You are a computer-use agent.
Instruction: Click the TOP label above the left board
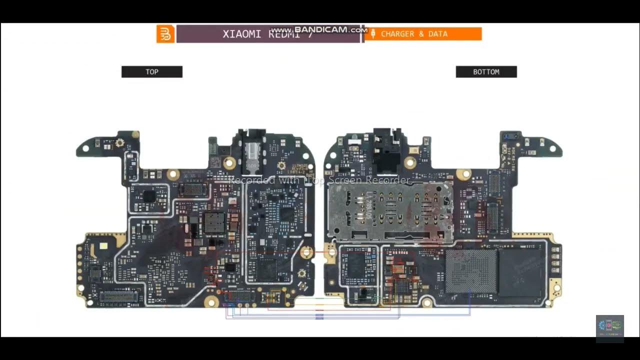[x=152, y=72]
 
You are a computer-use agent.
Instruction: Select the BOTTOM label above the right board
[x=486, y=72]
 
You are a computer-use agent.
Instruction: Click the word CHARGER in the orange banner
[x=397, y=34]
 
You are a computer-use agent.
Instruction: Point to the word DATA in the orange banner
[x=438, y=34]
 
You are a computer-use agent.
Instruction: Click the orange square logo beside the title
[x=165, y=34]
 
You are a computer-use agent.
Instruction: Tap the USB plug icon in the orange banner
[x=373, y=34]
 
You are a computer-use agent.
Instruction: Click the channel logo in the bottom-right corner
[x=609, y=328]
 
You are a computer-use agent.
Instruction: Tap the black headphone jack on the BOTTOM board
[x=386, y=150]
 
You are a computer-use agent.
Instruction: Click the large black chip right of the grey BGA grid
[x=521, y=272]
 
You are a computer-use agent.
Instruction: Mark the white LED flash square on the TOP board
[x=104, y=246]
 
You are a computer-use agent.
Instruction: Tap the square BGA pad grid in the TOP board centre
[x=214, y=222]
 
